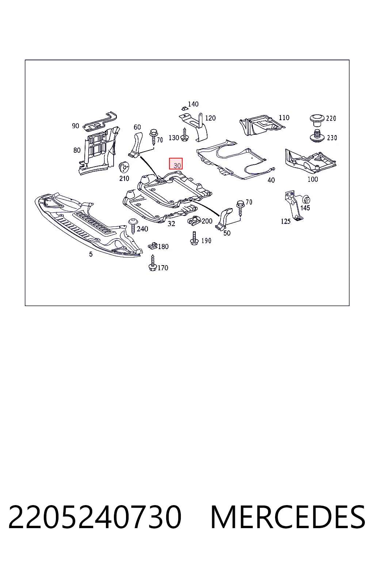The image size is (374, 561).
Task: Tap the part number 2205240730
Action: [x=95, y=517]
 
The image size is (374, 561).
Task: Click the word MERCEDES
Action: [x=288, y=517]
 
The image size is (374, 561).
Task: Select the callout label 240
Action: [x=142, y=229]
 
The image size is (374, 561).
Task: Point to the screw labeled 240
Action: [x=133, y=226]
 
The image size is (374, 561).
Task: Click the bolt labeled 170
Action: [x=153, y=263]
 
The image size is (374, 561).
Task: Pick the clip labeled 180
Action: [x=152, y=246]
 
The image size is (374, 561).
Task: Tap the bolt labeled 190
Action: [x=194, y=238]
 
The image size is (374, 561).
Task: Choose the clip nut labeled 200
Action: [x=194, y=220]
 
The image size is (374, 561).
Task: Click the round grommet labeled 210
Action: [x=123, y=167]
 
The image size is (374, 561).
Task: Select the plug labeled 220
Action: [x=317, y=120]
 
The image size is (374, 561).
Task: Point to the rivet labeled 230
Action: [x=317, y=136]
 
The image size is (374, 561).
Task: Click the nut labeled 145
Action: [x=306, y=200]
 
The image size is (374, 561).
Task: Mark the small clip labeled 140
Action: [x=184, y=108]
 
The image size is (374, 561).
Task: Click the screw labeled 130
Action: [x=184, y=134]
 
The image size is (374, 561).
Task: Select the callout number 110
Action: [x=284, y=118]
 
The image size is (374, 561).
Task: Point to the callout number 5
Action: [x=91, y=254]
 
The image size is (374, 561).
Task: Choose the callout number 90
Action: [x=75, y=126]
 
